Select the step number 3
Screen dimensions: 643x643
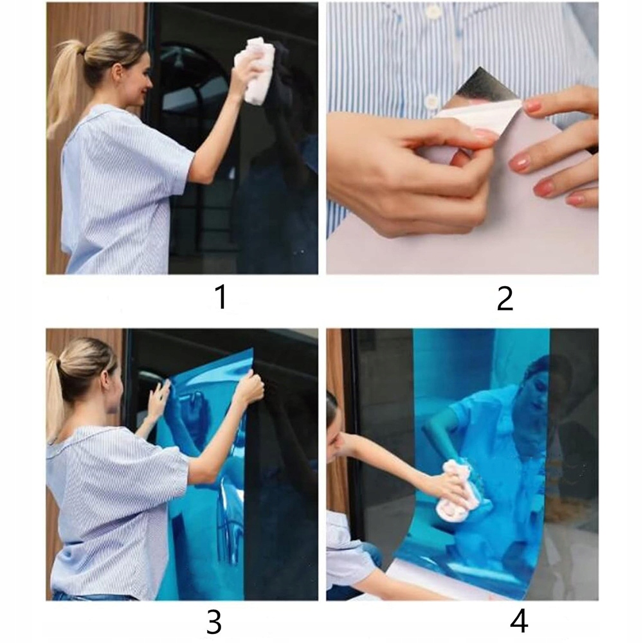click(214, 621)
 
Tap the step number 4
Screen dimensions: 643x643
click(519, 621)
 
